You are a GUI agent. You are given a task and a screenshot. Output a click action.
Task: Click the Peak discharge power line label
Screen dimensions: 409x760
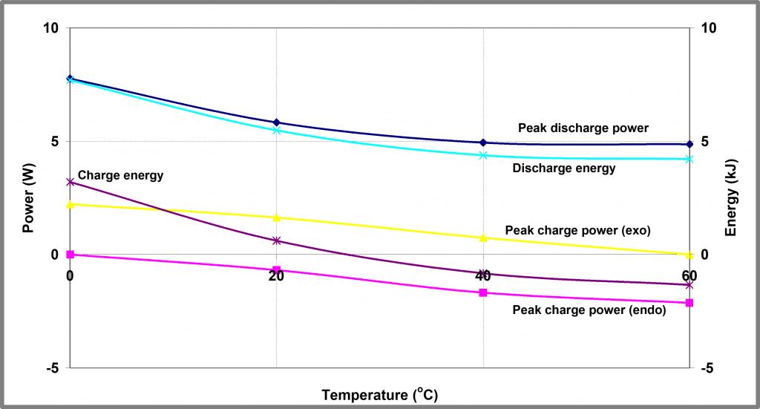point(583,128)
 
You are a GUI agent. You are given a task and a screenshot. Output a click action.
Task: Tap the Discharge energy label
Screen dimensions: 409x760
point(564,168)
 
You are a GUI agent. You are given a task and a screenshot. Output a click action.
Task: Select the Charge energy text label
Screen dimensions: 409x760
point(120,176)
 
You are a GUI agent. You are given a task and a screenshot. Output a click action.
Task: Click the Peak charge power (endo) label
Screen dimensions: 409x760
point(589,310)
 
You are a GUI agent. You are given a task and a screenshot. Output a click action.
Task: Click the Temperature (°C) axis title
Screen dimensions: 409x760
point(385,394)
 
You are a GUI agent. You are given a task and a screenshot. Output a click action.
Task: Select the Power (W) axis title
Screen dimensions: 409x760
point(29,198)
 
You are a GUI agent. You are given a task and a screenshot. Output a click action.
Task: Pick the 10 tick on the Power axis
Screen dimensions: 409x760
point(50,28)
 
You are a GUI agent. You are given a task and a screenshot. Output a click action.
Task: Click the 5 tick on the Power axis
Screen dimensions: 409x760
point(55,142)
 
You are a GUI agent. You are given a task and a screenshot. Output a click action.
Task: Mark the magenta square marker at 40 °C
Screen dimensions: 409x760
point(483,292)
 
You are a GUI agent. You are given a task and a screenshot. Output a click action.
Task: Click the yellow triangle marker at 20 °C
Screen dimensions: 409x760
point(276,217)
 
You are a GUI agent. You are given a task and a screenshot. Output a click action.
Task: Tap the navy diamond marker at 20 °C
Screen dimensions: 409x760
point(276,122)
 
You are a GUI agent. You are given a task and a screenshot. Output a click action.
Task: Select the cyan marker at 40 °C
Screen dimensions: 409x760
point(483,155)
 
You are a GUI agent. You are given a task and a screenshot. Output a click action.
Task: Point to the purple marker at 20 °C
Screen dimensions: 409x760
point(276,241)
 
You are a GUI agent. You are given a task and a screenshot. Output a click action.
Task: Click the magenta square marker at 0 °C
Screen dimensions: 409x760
point(70,255)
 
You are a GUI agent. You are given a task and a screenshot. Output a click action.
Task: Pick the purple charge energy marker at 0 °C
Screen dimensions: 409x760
point(70,182)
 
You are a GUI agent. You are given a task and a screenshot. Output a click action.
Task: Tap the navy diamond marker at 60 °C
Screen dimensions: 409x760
point(689,144)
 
